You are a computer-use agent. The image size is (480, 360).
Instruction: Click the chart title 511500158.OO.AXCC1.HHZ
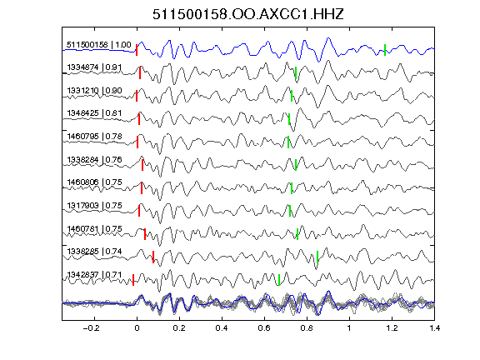coord(248,14)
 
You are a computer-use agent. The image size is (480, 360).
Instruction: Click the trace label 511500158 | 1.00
coord(99,45)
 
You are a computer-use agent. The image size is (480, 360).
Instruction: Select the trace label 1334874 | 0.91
coord(94,67)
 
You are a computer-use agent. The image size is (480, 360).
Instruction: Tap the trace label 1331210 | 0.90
coord(94,91)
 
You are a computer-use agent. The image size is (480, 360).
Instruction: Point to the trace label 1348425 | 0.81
coord(94,113)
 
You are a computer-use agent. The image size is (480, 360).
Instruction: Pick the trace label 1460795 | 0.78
coord(94,136)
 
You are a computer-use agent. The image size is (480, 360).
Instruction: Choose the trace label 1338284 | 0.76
coord(94,159)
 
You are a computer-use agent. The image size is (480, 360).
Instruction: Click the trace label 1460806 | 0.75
coord(94,182)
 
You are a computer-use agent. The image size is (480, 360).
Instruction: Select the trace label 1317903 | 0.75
coord(94,205)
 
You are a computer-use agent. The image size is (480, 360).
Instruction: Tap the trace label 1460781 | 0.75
coord(94,228)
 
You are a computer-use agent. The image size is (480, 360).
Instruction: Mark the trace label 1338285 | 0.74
coord(94,252)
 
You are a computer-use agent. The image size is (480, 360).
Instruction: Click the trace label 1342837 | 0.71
coord(94,275)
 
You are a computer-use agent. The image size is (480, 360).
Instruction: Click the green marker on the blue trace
coord(385,50)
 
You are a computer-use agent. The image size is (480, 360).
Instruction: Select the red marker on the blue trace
coord(137,50)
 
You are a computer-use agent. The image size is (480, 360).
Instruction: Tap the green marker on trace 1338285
coord(317,257)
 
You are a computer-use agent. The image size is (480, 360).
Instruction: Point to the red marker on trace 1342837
coord(133,280)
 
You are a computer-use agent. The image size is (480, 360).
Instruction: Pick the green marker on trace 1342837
coord(279,280)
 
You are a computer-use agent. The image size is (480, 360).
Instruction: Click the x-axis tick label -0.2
coord(91,328)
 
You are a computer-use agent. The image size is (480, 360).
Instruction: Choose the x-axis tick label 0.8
coord(307,328)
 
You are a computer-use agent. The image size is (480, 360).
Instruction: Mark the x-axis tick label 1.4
coord(435,328)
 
